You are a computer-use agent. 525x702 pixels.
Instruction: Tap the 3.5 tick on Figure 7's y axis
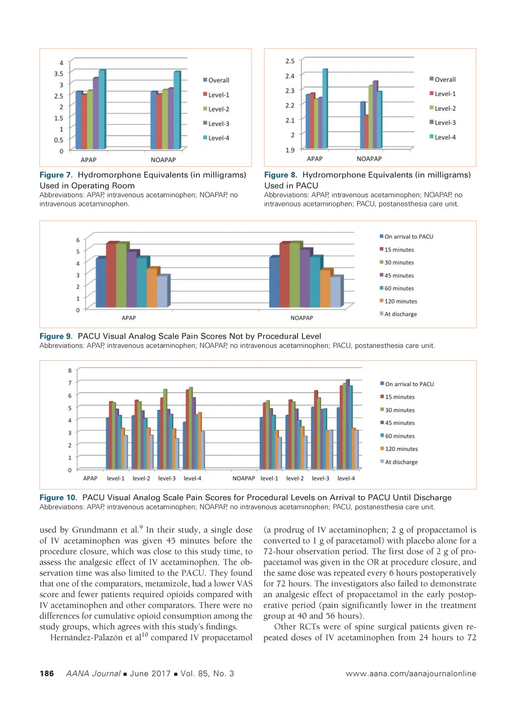coord(59,74)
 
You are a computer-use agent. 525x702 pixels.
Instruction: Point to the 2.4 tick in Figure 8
coord(290,76)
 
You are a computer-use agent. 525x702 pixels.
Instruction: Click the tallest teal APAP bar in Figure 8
coord(325,109)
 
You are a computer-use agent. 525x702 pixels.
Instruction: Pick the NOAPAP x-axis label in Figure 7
coord(163,160)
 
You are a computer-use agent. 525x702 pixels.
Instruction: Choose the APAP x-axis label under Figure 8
coord(315,159)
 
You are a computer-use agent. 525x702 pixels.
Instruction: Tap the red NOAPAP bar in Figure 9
coord(285,275)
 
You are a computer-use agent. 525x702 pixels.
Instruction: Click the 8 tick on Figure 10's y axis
coord(70,370)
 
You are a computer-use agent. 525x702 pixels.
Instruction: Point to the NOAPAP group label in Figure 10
coord(244,479)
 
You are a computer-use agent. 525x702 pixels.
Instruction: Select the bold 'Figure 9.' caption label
coord(56,336)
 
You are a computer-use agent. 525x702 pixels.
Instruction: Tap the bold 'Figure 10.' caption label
coord(58,498)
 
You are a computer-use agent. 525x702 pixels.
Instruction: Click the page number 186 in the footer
coord(47,673)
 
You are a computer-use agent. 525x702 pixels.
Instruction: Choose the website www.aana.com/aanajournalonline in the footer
coord(411,673)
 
